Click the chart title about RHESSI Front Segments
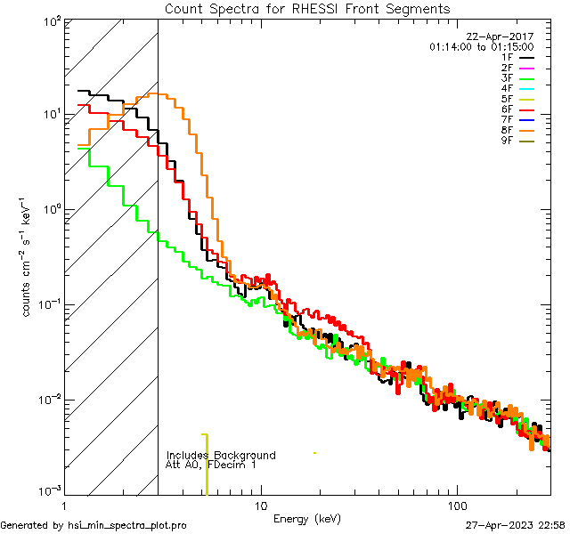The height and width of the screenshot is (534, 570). pos(307,9)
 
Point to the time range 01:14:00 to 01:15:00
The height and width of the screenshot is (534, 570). pos(481,46)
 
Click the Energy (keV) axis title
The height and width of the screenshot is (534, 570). pos(306,518)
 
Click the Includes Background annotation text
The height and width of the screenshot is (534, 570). pos(221,455)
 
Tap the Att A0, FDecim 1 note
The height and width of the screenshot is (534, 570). pos(211,465)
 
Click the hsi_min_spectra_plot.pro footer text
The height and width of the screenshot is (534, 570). pos(94,525)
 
